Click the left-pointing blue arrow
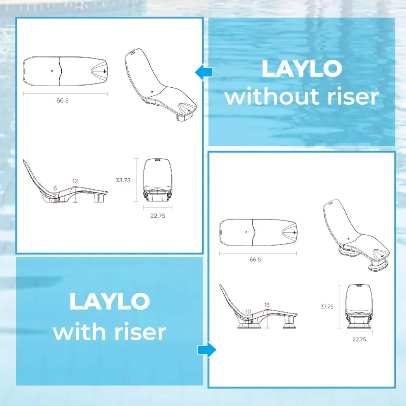pyautogui.click(x=204, y=72)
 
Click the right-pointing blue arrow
pyautogui.click(x=207, y=350)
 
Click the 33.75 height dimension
pyautogui.click(x=123, y=180)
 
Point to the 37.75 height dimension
pyautogui.click(x=327, y=307)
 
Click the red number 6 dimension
pyautogui.click(x=55, y=188)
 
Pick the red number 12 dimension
pyautogui.click(x=75, y=181)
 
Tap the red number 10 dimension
pyautogui.click(x=248, y=312)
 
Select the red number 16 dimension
pyautogui.click(x=267, y=305)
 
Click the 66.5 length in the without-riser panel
pyautogui.click(x=63, y=100)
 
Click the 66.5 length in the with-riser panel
pyautogui.click(x=255, y=259)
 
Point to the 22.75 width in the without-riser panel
pyautogui.click(x=158, y=216)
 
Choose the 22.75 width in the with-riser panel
pyautogui.click(x=359, y=339)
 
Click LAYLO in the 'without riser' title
pyautogui.click(x=302, y=69)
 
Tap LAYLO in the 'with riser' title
pyautogui.click(x=110, y=301)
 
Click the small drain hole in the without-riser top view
pyautogui.click(x=52, y=71)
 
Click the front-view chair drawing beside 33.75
pyautogui.click(x=158, y=180)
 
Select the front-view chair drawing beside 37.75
pyautogui.click(x=359, y=307)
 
